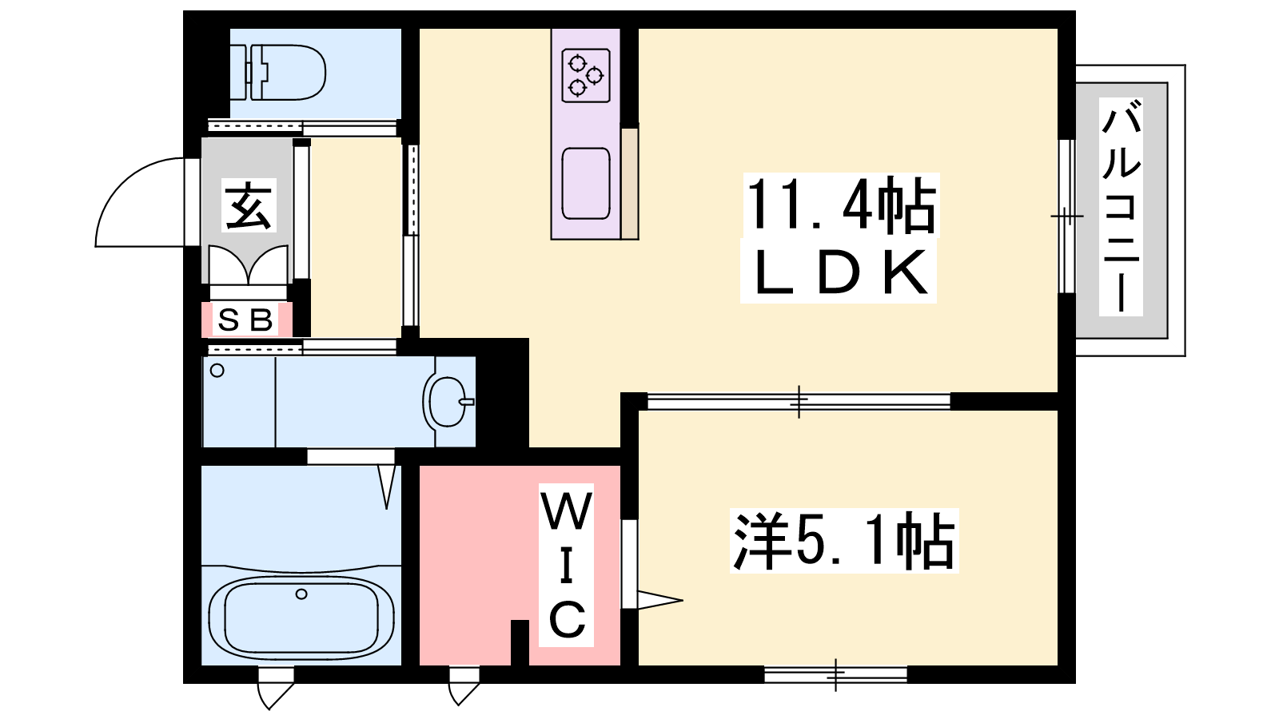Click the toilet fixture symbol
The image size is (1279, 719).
point(278,73)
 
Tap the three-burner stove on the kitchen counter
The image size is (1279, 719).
point(586,76)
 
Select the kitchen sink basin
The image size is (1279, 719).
point(586,184)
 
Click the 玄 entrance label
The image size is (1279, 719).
point(249,205)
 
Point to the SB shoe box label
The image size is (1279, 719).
point(246,320)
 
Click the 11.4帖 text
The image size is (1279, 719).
point(840,205)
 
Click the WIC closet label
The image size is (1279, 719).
point(567,565)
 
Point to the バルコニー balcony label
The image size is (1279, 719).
point(1121,206)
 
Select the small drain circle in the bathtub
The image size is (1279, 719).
point(301,594)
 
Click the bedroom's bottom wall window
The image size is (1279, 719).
point(835,674)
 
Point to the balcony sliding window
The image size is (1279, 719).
point(1066,216)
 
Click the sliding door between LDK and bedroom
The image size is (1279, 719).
point(799,401)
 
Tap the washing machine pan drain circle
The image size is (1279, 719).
point(217,371)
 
